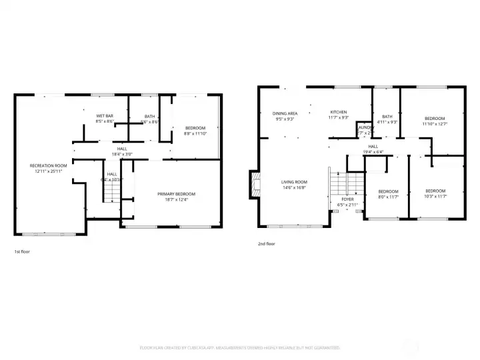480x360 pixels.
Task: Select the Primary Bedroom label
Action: [x=177, y=194]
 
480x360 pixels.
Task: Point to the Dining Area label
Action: [x=285, y=113]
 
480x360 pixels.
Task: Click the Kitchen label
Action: [x=339, y=112]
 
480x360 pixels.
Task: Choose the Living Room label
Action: [x=293, y=182]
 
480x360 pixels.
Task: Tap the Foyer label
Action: [x=348, y=199]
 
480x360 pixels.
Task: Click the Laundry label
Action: [x=365, y=127]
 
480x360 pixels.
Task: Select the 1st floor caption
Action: [x=22, y=251]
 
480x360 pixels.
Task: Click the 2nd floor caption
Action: [x=266, y=244]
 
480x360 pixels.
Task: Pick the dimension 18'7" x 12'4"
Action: [x=177, y=199]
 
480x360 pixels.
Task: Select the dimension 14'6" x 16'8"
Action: [x=293, y=187]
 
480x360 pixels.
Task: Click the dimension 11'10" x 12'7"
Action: [x=435, y=123]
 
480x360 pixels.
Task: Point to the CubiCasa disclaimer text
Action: [x=239, y=347]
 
